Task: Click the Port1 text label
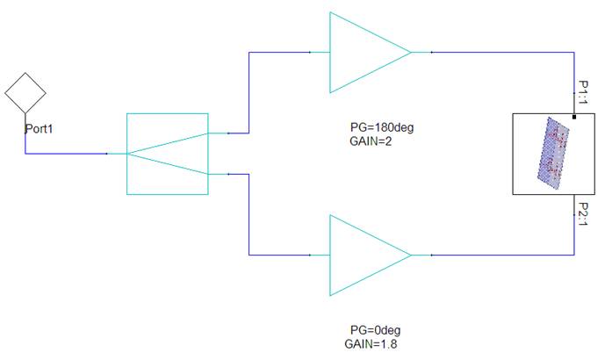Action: (x=39, y=128)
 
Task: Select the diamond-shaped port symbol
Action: (x=25, y=73)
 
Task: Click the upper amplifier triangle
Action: (x=330, y=53)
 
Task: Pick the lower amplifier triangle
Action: (x=330, y=255)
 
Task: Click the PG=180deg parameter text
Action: (x=382, y=127)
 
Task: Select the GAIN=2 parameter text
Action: (x=371, y=141)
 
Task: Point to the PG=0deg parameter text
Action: (x=375, y=330)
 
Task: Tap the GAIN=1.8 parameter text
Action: (x=371, y=344)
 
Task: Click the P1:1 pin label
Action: (x=583, y=92)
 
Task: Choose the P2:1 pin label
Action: (x=583, y=214)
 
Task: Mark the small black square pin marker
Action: (x=574, y=117)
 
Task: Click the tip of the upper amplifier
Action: (x=412, y=53)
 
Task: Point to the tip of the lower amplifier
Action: (x=412, y=255)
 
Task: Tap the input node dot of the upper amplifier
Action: (x=310, y=53)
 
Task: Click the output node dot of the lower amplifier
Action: (x=431, y=255)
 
